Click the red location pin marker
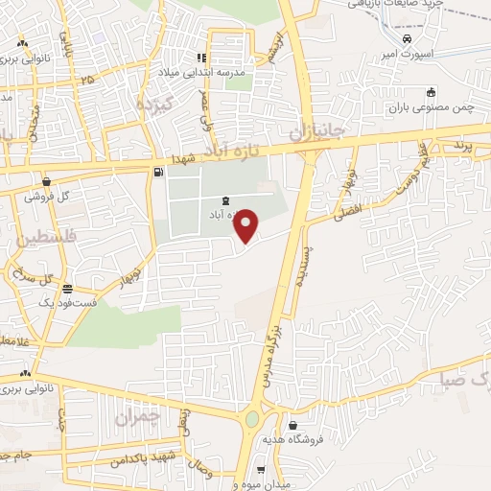(247, 225)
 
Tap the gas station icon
(157, 173)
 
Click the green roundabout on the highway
(254, 419)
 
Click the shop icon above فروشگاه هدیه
(292, 424)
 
